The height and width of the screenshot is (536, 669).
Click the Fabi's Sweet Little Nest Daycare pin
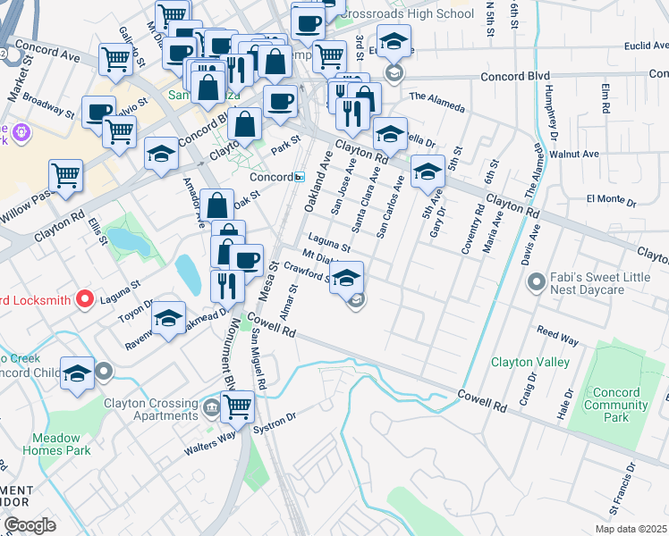click(x=537, y=284)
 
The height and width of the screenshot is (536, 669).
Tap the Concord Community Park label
click(x=616, y=405)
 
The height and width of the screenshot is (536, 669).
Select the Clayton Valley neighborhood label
click(x=530, y=362)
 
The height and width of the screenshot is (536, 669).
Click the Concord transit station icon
click(x=301, y=177)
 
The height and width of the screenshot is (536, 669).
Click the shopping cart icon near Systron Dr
click(x=238, y=406)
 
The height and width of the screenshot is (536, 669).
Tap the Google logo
click(x=30, y=525)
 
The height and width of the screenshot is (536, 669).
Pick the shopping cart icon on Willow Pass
click(x=65, y=174)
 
